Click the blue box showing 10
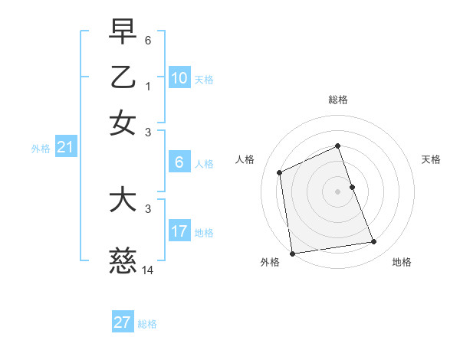[179, 77]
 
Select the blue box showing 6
[179, 162]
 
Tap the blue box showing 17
[179, 231]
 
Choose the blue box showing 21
[64, 148]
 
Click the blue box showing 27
[123, 322]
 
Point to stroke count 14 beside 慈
[148, 270]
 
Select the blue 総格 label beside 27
[147, 324]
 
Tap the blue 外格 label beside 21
[40, 149]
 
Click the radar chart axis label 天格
[432, 159]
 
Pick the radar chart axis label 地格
[402, 262]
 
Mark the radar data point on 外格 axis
[292, 253]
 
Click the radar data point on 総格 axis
[337, 146]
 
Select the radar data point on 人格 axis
[280, 172]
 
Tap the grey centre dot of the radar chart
[337, 191]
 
